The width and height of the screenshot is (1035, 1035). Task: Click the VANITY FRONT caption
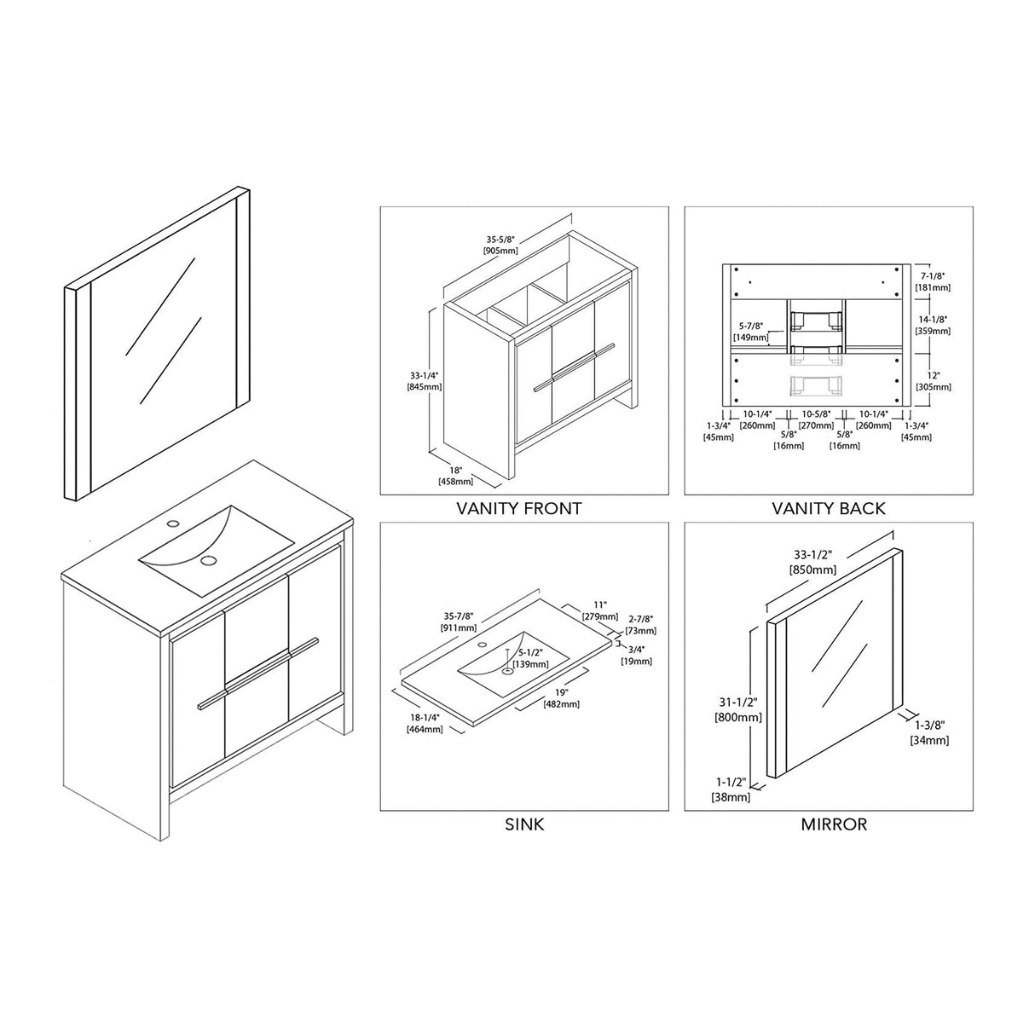click(518, 509)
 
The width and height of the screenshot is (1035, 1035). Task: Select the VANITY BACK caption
click(828, 509)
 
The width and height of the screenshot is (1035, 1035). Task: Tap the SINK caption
click(524, 824)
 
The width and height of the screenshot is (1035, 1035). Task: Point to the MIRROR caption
click(833, 824)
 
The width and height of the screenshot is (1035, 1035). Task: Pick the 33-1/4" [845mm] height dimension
click(424, 380)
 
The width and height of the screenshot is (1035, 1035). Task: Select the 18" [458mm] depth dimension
click(457, 476)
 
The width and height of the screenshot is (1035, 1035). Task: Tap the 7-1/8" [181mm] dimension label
click(933, 282)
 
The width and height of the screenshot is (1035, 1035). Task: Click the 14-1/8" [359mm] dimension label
click(933, 325)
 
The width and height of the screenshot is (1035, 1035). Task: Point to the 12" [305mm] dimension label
click(933, 381)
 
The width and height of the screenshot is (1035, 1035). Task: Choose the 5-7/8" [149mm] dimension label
click(751, 332)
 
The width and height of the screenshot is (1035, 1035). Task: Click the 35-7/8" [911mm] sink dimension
click(458, 622)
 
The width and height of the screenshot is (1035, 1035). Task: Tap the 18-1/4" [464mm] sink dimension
click(424, 724)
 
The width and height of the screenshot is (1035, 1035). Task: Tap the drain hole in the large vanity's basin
click(207, 561)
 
